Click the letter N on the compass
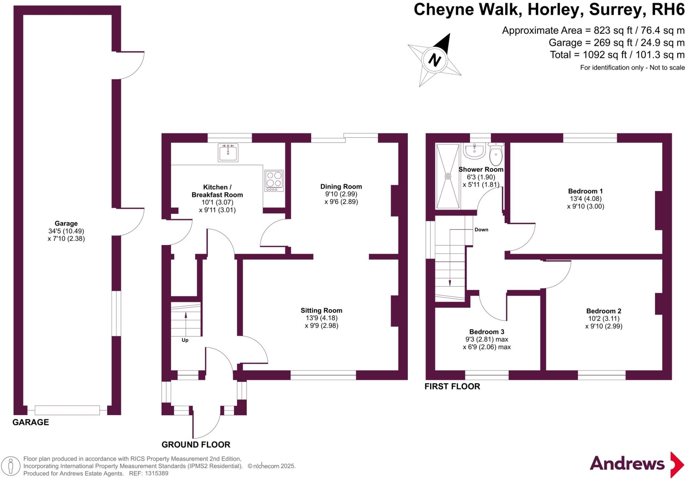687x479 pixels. tap(434, 60)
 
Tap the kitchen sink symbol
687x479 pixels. tap(228, 153)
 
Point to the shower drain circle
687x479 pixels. tap(448, 176)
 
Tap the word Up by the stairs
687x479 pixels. tap(185, 340)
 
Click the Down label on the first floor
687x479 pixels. tap(481, 230)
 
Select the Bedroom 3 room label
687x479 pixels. tap(486, 332)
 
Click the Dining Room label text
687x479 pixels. tap(341, 186)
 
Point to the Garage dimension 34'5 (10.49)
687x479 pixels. tap(66, 231)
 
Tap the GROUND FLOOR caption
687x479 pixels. tap(196, 444)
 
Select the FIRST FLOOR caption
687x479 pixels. tap(452, 386)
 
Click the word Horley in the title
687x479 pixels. tap(554, 9)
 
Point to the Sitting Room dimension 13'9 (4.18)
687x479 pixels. tap(321, 318)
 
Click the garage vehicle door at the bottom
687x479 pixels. tap(67, 410)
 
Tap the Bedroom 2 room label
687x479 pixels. tap(604, 311)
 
